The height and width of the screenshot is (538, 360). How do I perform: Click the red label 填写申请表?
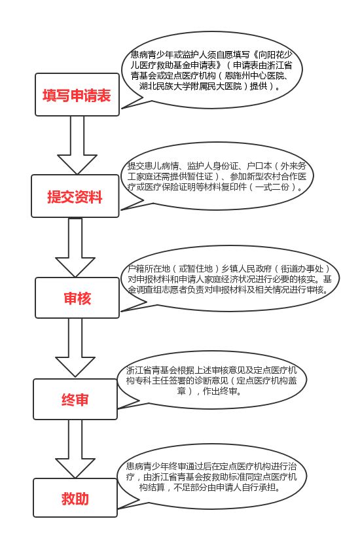pyautogui.click(x=77, y=96)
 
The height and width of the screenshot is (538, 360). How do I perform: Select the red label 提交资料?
pyautogui.click(x=75, y=197)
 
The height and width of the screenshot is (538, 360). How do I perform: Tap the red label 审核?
pyautogui.click(x=77, y=298)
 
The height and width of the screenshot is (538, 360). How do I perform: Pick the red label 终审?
pyautogui.click(x=75, y=400)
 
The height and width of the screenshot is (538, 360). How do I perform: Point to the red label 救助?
pyautogui.click(x=75, y=499)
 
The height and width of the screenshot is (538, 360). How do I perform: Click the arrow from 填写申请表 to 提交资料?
pyautogui.click(x=77, y=145)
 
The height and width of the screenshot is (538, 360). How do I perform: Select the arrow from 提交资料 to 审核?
pyautogui.click(x=75, y=247)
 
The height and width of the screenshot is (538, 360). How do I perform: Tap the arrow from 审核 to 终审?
pyautogui.click(x=75, y=348)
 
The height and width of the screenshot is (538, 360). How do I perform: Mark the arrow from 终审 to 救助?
pyautogui.click(x=75, y=449)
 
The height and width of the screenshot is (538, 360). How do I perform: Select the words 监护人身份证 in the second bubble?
pyautogui.click(x=213, y=166)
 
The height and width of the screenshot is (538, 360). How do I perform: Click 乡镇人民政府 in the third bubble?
pyautogui.click(x=246, y=268)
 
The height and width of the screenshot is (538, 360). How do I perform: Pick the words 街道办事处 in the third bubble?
pyautogui.click(x=302, y=268)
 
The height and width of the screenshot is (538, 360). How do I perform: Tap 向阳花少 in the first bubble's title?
pyautogui.click(x=275, y=54)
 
